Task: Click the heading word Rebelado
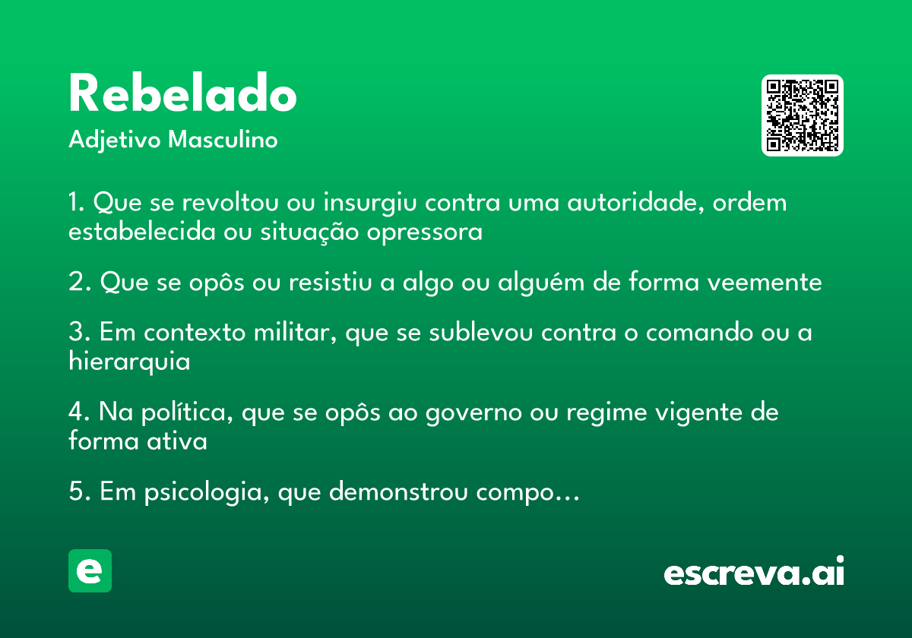tap(182, 93)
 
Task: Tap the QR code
tap(802, 115)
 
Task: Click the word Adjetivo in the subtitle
tap(115, 141)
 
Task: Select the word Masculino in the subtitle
tap(223, 139)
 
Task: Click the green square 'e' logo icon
tap(90, 570)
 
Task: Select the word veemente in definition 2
tap(765, 282)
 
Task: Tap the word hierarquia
tap(129, 362)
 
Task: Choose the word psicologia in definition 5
tap(207, 491)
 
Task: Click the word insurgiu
tap(370, 203)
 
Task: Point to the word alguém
tap(541, 282)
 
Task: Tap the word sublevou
tap(481, 332)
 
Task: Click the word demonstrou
tap(398, 491)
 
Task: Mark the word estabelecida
tap(141, 232)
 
